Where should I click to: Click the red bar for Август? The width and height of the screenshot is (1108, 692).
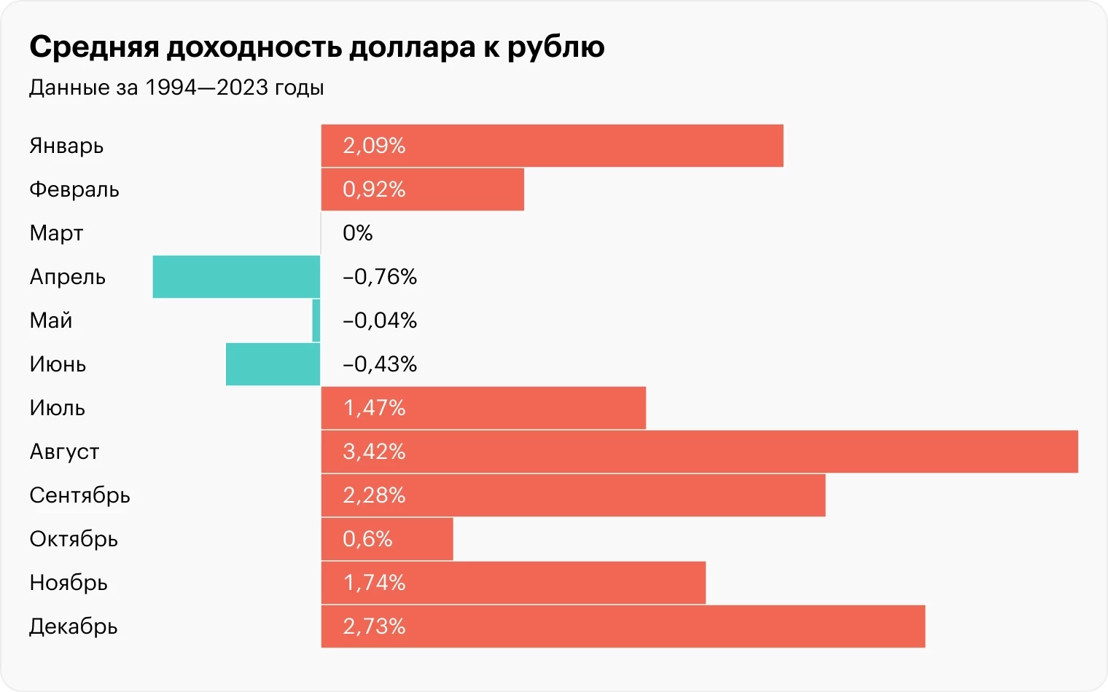click(x=700, y=452)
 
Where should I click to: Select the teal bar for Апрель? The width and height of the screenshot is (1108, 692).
click(x=236, y=277)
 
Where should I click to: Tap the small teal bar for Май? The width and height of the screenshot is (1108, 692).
click(x=316, y=321)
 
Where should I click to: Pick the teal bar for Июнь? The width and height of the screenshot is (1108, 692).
click(x=273, y=364)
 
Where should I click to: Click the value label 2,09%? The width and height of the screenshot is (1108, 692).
click(x=374, y=146)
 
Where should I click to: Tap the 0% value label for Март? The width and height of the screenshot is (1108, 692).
click(x=357, y=233)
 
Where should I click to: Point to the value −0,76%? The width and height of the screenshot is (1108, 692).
click(x=380, y=277)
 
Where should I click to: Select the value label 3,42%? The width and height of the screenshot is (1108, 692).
click(x=374, y=452)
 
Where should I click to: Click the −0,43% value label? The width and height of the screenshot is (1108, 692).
click(x=380, y=364)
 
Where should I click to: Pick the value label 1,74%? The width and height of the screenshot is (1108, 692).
click(x=374, y=583)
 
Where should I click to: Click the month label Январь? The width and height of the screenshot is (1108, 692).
click(x=66, y=146)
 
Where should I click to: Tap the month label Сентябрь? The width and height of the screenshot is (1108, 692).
click(x=79, y=495)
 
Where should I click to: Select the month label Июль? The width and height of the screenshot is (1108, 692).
click(x=57, y=408)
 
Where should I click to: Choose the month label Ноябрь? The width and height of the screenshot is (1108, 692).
click(x=69, y=583)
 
